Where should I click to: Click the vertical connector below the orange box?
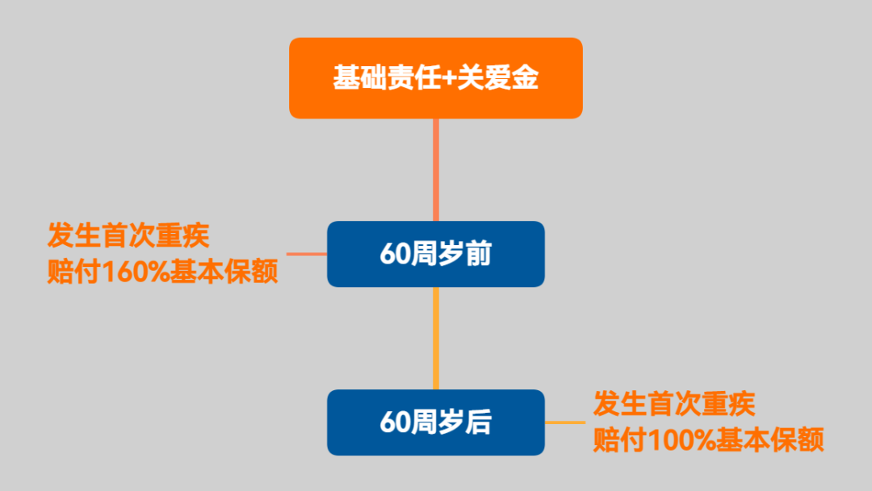(x=436, y=169)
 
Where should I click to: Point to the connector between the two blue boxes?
(x=436, y=338)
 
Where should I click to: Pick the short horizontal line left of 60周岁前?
(x=307, y=254)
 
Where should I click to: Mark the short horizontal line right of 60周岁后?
(x=564, y=422)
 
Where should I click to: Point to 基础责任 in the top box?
(x=385, y=79)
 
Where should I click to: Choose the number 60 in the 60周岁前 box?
(x=396, y=254)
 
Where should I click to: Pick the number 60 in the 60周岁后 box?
(x=396, y=422)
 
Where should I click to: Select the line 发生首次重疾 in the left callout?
(x=128, y=236)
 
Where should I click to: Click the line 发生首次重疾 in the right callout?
(x=674, y=403)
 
